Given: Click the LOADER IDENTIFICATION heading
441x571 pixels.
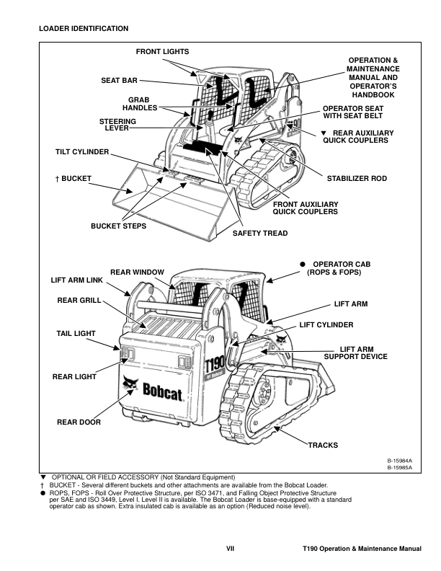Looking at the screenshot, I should click(84, 28).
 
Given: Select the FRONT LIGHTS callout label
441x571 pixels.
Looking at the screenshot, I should click(162, 52).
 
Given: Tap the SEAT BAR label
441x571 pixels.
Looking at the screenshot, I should click(120, 80).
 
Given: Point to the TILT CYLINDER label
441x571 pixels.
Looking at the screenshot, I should click(82, 152).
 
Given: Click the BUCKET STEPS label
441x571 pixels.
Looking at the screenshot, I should click(118, 226).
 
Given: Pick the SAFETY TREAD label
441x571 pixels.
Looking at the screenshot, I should click(259, 233).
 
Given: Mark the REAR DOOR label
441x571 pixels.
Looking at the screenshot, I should click(79, 422).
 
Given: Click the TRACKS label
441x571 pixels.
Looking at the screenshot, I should click(323, 445).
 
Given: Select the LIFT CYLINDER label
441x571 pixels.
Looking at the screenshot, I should click(326, 325).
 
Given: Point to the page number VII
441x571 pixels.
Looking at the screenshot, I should click(231, 550).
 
